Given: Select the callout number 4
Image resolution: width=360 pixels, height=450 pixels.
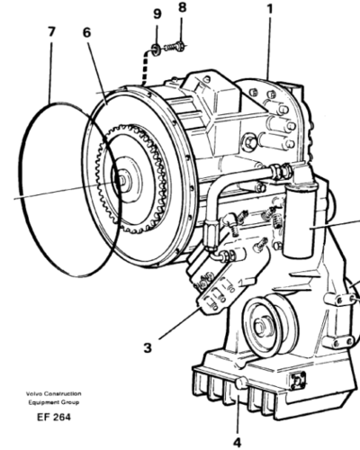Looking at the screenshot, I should coord(237,441).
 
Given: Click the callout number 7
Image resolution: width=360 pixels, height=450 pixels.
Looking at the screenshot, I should coord(51,31).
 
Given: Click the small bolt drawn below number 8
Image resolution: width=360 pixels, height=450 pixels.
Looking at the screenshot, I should coord(179,43).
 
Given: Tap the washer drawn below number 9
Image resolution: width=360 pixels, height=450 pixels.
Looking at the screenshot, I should coord(157,47).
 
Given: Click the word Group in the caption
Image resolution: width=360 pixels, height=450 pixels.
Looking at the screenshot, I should coord(71,401).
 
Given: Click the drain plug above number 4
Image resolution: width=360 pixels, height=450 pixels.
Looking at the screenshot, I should coord(240,388).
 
